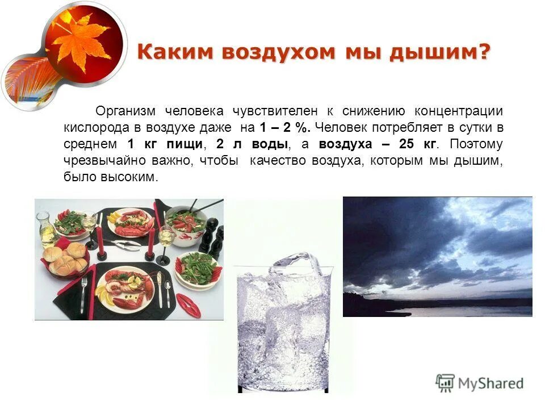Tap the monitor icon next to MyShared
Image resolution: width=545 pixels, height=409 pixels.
coord(446,382)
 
